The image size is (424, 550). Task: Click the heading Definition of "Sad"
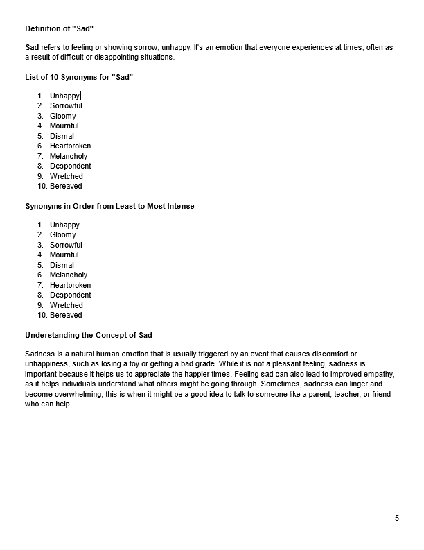tap(59, 28)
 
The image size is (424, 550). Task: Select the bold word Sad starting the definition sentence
tap(32, 47)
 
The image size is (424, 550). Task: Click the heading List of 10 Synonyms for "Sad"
tap(79, 77)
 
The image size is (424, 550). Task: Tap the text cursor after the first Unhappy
tap(81, 96)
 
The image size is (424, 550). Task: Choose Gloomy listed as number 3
tap(63, 116)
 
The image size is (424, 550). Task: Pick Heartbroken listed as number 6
tap(70, 146)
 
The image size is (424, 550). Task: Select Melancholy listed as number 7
tap(69, 156)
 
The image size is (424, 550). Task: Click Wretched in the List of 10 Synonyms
tap(66, 176)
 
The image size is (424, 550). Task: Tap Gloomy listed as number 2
tap(63, 234)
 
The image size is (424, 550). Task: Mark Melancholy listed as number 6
tap(69, 275)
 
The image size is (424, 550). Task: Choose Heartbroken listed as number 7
tap(70, 285)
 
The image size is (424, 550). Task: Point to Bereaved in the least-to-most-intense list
tap(66, 315)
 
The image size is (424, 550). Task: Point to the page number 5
tap(397, 518)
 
